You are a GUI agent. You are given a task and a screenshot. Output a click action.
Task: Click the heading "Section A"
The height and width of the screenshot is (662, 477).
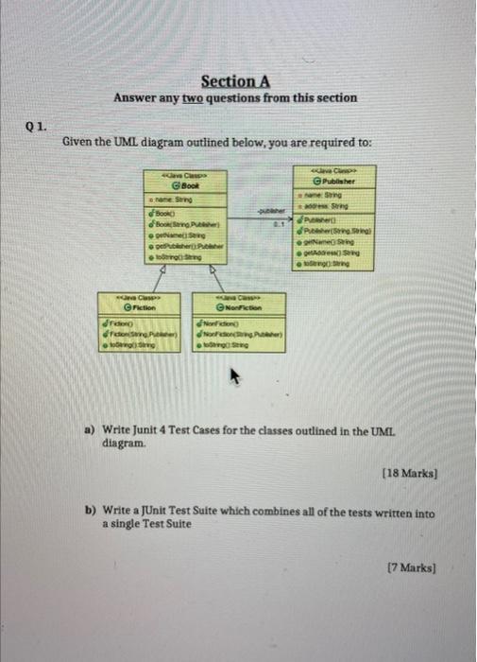pyautogui.click(x=235, y=81)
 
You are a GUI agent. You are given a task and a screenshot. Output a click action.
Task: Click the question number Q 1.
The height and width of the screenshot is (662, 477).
pyautogui.click(x=36, y=122)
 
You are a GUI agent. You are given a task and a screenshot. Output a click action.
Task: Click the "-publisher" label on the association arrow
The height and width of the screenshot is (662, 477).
pyautogui.click(x=270, y=213)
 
